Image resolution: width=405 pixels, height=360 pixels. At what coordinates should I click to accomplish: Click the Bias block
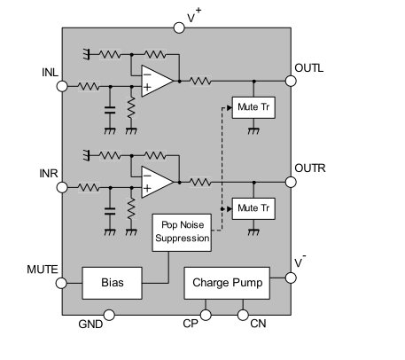point(112,283)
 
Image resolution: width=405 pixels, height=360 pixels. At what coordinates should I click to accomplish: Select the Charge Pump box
point(227,283)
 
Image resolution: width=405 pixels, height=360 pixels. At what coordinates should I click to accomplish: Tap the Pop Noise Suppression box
point(182,232)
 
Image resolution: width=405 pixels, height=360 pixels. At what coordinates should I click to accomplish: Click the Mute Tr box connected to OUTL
point(253,107)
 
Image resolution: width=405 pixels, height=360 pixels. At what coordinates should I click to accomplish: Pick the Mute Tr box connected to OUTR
point(253,208)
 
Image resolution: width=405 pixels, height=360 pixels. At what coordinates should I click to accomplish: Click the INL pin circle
point(62,86)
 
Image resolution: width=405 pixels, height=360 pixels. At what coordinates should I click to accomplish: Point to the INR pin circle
point(62,187)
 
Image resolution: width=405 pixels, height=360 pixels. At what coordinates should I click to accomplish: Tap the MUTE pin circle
point(61,283)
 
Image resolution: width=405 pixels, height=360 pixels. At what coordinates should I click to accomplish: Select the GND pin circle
point(109,315)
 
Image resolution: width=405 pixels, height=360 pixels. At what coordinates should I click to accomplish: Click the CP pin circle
point(206,315)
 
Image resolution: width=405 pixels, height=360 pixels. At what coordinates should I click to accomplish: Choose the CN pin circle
point(243,315)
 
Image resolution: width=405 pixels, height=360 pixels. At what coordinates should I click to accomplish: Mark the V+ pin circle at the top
point(179,27)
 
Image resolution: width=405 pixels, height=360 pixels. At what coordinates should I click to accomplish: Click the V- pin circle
point(291,278)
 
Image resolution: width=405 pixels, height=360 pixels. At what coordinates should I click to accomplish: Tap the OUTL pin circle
point(291,81)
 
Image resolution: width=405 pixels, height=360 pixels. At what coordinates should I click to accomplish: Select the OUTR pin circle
point(291,182)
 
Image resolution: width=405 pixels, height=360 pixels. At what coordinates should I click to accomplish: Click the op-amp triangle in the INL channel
point(157,81)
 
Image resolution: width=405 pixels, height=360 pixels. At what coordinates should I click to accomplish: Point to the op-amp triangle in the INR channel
point(157,182)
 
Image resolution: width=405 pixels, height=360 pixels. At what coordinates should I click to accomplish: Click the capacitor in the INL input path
point(110,110)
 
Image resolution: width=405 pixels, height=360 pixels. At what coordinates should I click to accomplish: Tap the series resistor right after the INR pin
point(89,187)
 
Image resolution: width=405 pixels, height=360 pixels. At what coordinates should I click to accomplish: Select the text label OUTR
point(310,168)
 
